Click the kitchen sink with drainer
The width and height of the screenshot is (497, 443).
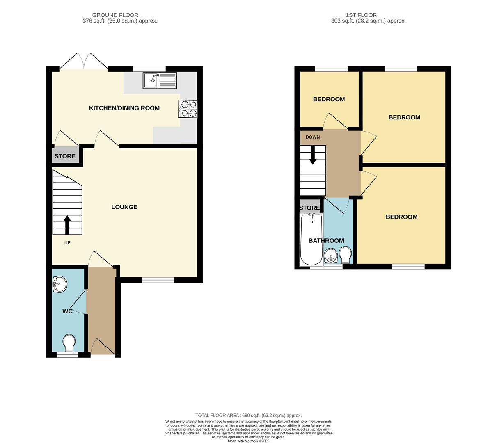coord(160,80)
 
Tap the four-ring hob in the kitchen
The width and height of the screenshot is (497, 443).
coord(188,109)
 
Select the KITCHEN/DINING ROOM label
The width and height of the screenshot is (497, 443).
coord(124,108)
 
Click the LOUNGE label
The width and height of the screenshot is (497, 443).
coord(124,207)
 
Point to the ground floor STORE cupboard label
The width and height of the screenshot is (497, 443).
coord(65,156)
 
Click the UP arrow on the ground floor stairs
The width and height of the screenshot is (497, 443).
coord(67,225)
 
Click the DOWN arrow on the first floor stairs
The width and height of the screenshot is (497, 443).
coord(313,155)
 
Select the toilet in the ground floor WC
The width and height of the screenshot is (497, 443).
coord(69,343)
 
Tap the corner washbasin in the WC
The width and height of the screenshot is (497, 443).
coord(60,284)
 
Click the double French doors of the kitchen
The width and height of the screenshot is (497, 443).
coord(84,61)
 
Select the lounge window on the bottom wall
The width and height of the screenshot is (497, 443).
coord(158,280)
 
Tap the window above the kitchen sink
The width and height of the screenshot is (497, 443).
coord(149,69)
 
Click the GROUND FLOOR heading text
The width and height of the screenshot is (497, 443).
coord(115,15)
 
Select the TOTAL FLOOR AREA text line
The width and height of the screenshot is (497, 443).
coord(248,415)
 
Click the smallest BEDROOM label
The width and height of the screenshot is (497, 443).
coord(329,99)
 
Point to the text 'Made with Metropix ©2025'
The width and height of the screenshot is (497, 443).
coord(249,441)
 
